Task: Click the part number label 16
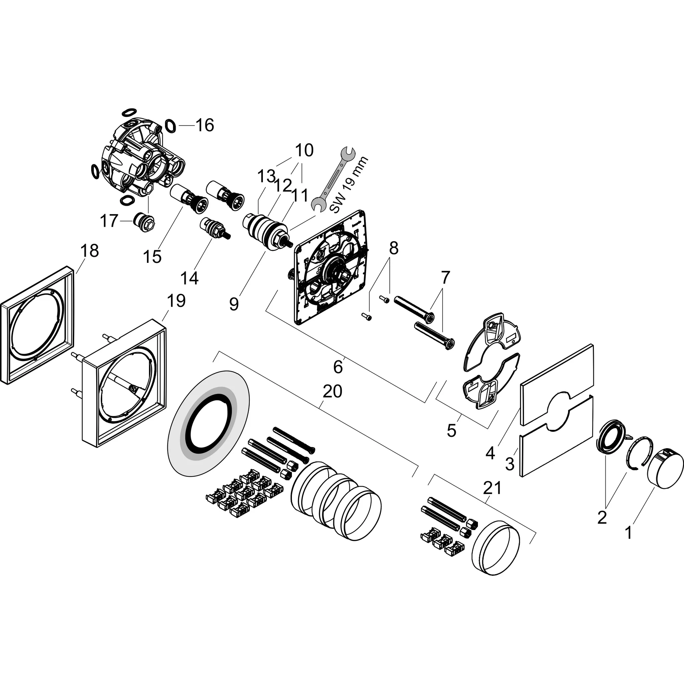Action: [x=205, y=125]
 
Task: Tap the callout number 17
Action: [x=109, y=221]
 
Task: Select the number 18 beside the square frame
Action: [x=89, y=251]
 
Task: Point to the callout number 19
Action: [x=176, y=301]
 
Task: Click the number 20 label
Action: [x=332, y=391]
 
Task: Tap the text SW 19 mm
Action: [x=349, y=188]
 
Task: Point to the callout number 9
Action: [x=234, y=304]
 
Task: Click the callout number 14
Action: [x=189, y=278]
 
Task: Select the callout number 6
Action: [x=338, y=367]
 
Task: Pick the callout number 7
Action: [x=445, y=278]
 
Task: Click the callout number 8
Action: [x=394, y=248]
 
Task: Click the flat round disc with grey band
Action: [x=208, y=421]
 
